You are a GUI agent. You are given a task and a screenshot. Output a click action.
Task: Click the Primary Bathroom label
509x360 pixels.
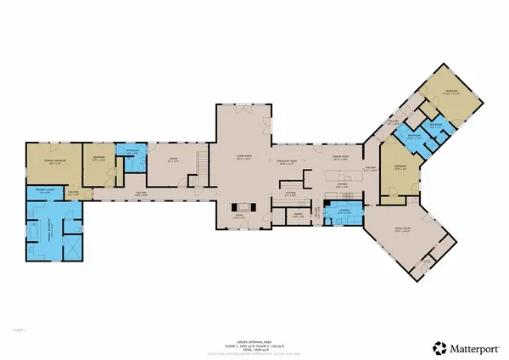(44, 227)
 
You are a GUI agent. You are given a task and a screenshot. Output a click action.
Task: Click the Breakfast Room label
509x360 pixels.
(287, 163)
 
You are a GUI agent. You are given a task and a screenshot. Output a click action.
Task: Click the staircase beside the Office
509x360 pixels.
(201, 161)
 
